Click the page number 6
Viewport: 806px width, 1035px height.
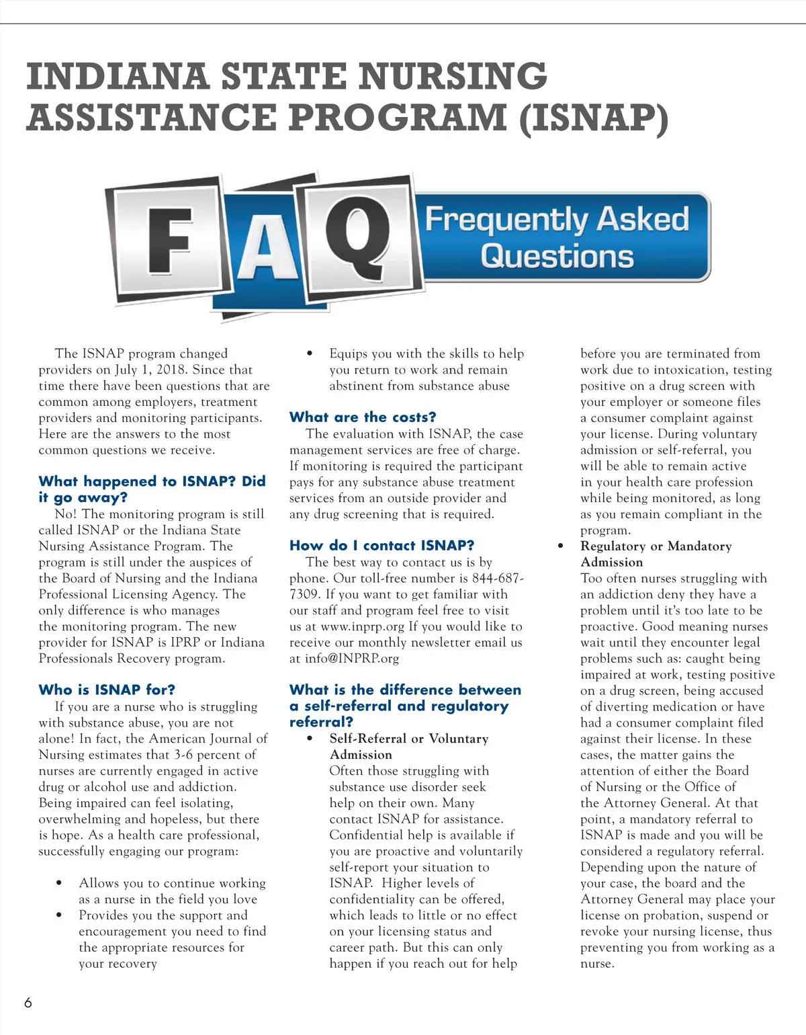pos(28,1003)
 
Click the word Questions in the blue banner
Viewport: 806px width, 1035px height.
pos(557,257)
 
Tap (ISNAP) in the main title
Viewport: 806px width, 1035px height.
pos(594,118)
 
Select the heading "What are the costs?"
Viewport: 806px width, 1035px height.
pos(363,417)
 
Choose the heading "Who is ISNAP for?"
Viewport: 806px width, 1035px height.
pos(107,690)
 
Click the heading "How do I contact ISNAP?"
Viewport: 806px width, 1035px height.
pos(382,546)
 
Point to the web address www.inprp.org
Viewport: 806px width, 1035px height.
pos(363,626)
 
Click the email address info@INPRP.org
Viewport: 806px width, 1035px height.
pos(351,659)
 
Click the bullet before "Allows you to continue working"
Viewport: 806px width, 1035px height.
pos(60,883)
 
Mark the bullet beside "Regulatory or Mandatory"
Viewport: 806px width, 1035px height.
pos(561,546)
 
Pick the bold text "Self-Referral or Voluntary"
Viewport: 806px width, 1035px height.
pos(408,739)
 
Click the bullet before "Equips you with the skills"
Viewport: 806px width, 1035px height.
pos(310,354)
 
